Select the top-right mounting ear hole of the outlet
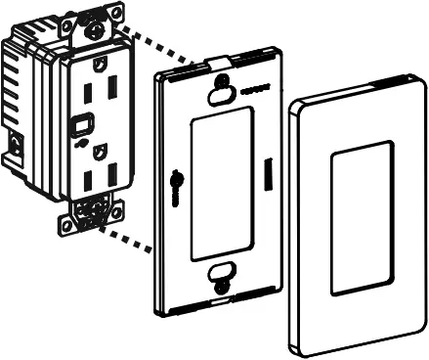(x=117, y=12)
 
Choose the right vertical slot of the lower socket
(x=112, y=174)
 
